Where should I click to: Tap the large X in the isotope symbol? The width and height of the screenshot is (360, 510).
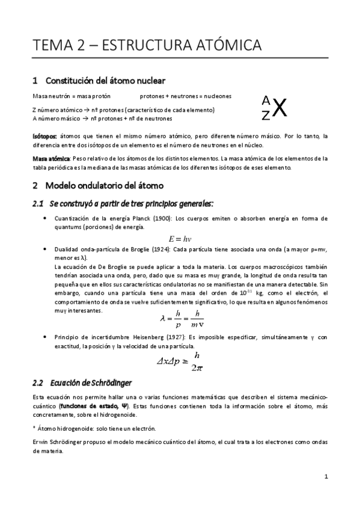(x=279, y=108)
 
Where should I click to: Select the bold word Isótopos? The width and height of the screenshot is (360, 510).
(x=44, y=137)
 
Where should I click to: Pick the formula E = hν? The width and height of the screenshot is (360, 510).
(x=178, y=239)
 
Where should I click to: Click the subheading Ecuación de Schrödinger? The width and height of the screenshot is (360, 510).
(x=91, y=382)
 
